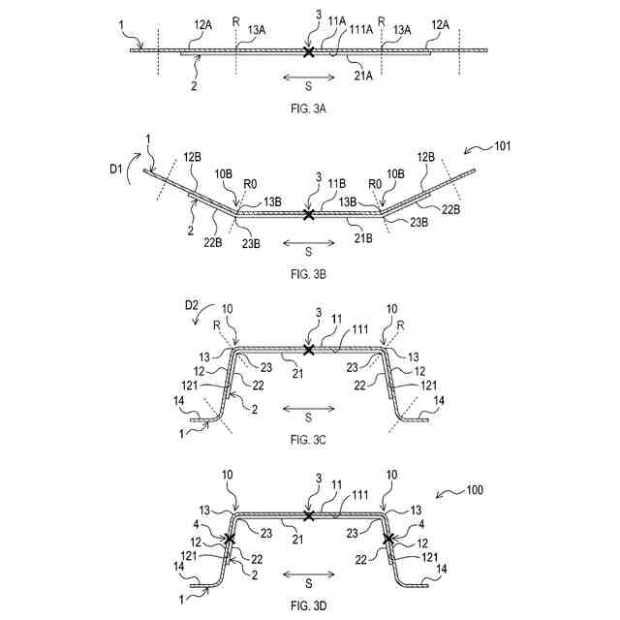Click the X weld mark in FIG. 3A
pos(308,50)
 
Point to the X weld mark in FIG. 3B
pos(308,214)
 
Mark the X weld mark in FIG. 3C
pos(308,350)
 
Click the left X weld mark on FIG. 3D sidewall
pos(231,539)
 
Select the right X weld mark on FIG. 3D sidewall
pos(387,539)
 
